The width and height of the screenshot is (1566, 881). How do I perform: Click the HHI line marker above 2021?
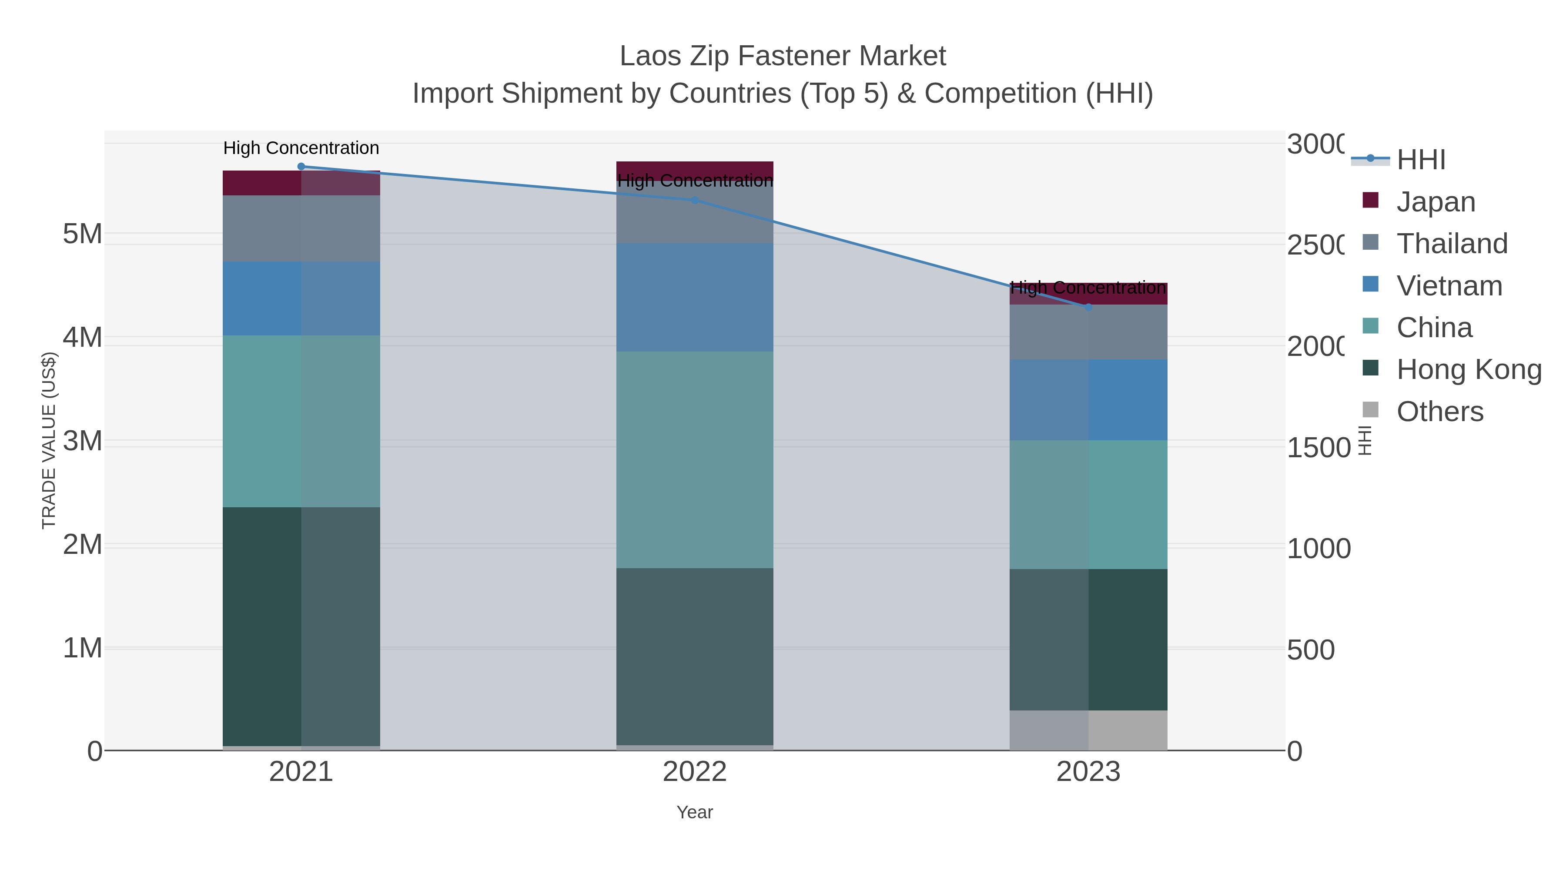pos(301,166)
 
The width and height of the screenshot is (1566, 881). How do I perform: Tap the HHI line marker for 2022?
pos(694,200)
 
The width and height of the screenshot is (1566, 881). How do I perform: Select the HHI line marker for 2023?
pos(1088,307)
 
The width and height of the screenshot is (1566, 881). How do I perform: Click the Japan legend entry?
pos(1435,202)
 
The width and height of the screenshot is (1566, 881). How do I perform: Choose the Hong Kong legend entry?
pos(1469,370)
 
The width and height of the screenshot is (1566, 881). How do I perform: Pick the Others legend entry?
pos(1439,412)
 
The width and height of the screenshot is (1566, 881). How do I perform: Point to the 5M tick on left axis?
pos(82,234)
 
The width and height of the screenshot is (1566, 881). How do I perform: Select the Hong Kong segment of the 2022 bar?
pos(694,657)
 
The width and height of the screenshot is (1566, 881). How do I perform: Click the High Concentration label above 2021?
pos(301,148)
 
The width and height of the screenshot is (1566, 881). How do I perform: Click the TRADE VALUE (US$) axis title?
pos(49,440)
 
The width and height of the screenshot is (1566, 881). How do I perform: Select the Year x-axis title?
pos(694,812)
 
